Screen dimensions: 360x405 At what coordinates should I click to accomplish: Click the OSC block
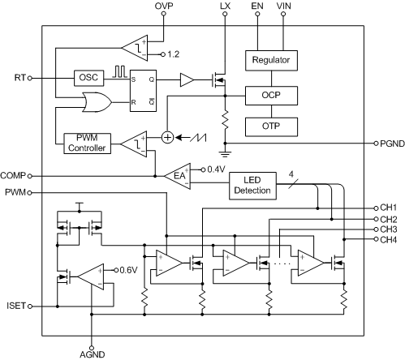pos(87,78)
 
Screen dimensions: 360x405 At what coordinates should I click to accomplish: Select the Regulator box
pos(271,60)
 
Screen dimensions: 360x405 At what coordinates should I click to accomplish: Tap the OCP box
pos(271,94)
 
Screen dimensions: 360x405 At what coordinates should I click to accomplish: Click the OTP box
pos(271,126)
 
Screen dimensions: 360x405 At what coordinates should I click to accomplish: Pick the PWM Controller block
pos(86,144)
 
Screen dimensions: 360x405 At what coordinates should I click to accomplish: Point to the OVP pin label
pos(166,6)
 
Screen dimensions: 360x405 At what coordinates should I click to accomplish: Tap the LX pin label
pos(224,6)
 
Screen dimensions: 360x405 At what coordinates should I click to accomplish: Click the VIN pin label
pos(284,6)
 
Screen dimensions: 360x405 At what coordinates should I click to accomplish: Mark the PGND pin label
pos(390,143)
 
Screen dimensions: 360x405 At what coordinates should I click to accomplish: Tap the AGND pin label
pos(92,354)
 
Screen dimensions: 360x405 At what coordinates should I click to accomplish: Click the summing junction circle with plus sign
pos(167,137)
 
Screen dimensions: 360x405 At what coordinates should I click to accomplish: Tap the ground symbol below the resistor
pos(223,152)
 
